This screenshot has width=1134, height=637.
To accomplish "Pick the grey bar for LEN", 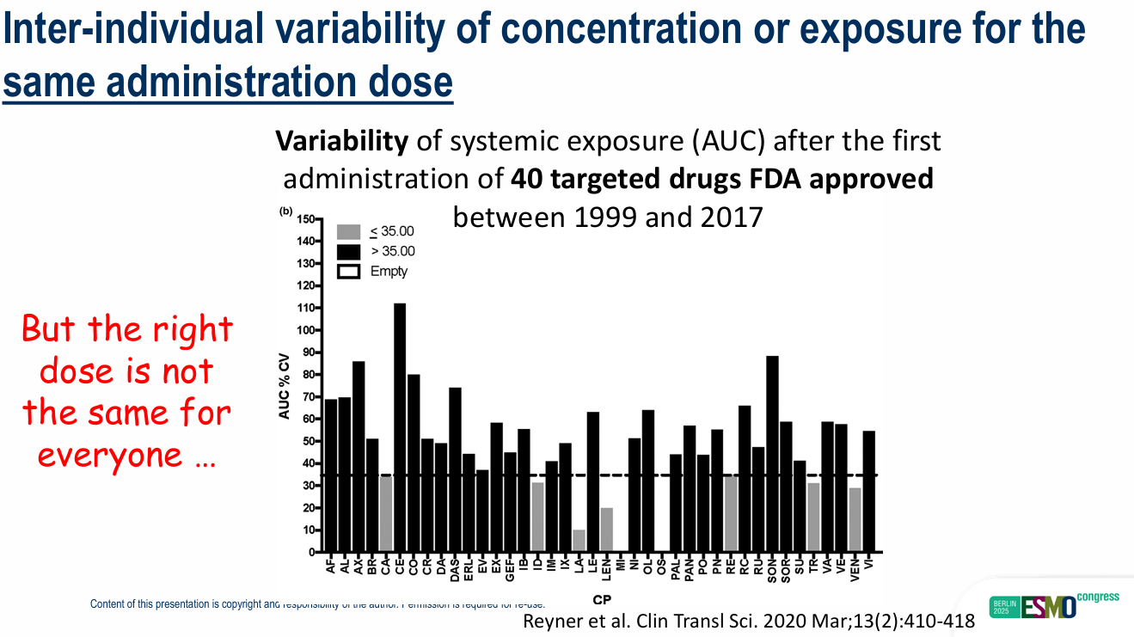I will coord(607,530).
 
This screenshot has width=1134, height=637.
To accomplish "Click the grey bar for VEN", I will coord(855,520).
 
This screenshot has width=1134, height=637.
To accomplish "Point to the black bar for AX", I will coord(359,456).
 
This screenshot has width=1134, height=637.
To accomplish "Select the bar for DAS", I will coord(455,469).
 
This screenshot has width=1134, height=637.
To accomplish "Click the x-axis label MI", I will coord(621,564).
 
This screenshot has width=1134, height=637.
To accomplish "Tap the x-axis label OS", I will coord(661,565).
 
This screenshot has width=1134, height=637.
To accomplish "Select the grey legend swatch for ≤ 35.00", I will coord(349,231).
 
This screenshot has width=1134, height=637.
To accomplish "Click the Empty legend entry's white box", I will coord(349,271).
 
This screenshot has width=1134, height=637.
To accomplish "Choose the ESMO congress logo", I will coord(1056,603).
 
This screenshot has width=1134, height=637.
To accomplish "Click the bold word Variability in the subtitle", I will coord(341,141).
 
